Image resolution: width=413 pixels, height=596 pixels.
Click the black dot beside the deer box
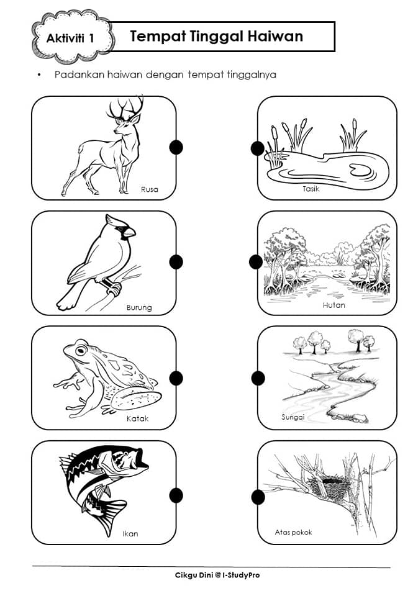coord(176,147)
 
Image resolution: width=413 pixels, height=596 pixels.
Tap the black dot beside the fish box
coord(176,495)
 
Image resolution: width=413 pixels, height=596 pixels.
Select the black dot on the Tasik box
coord(258,148)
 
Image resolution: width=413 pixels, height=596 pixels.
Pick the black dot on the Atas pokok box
coord(258,497)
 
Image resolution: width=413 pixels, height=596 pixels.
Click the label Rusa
coord(150,189)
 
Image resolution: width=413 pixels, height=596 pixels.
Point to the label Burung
coord(139,307)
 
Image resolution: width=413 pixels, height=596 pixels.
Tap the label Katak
coord(138,418)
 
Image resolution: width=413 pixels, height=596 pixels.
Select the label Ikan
coord(130,534)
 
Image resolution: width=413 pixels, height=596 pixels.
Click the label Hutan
coord(334,305)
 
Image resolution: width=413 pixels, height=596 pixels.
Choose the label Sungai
coord(293,417)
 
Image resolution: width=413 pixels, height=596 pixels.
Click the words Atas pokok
coord(293,532)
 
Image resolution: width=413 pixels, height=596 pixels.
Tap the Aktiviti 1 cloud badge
coord(72,37)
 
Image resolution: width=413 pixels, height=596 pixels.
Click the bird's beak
coord(129,232)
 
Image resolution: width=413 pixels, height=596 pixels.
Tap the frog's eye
coord(81,350)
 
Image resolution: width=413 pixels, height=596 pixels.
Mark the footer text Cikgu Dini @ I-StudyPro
coord(217,575)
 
